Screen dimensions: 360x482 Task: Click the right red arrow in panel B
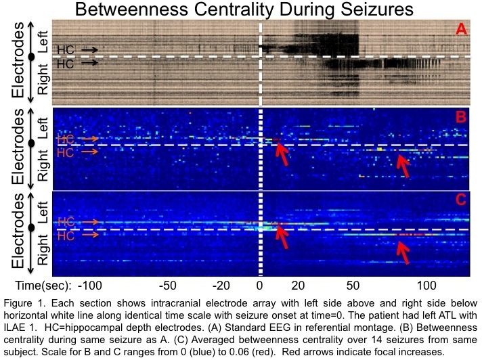[404, 166]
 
